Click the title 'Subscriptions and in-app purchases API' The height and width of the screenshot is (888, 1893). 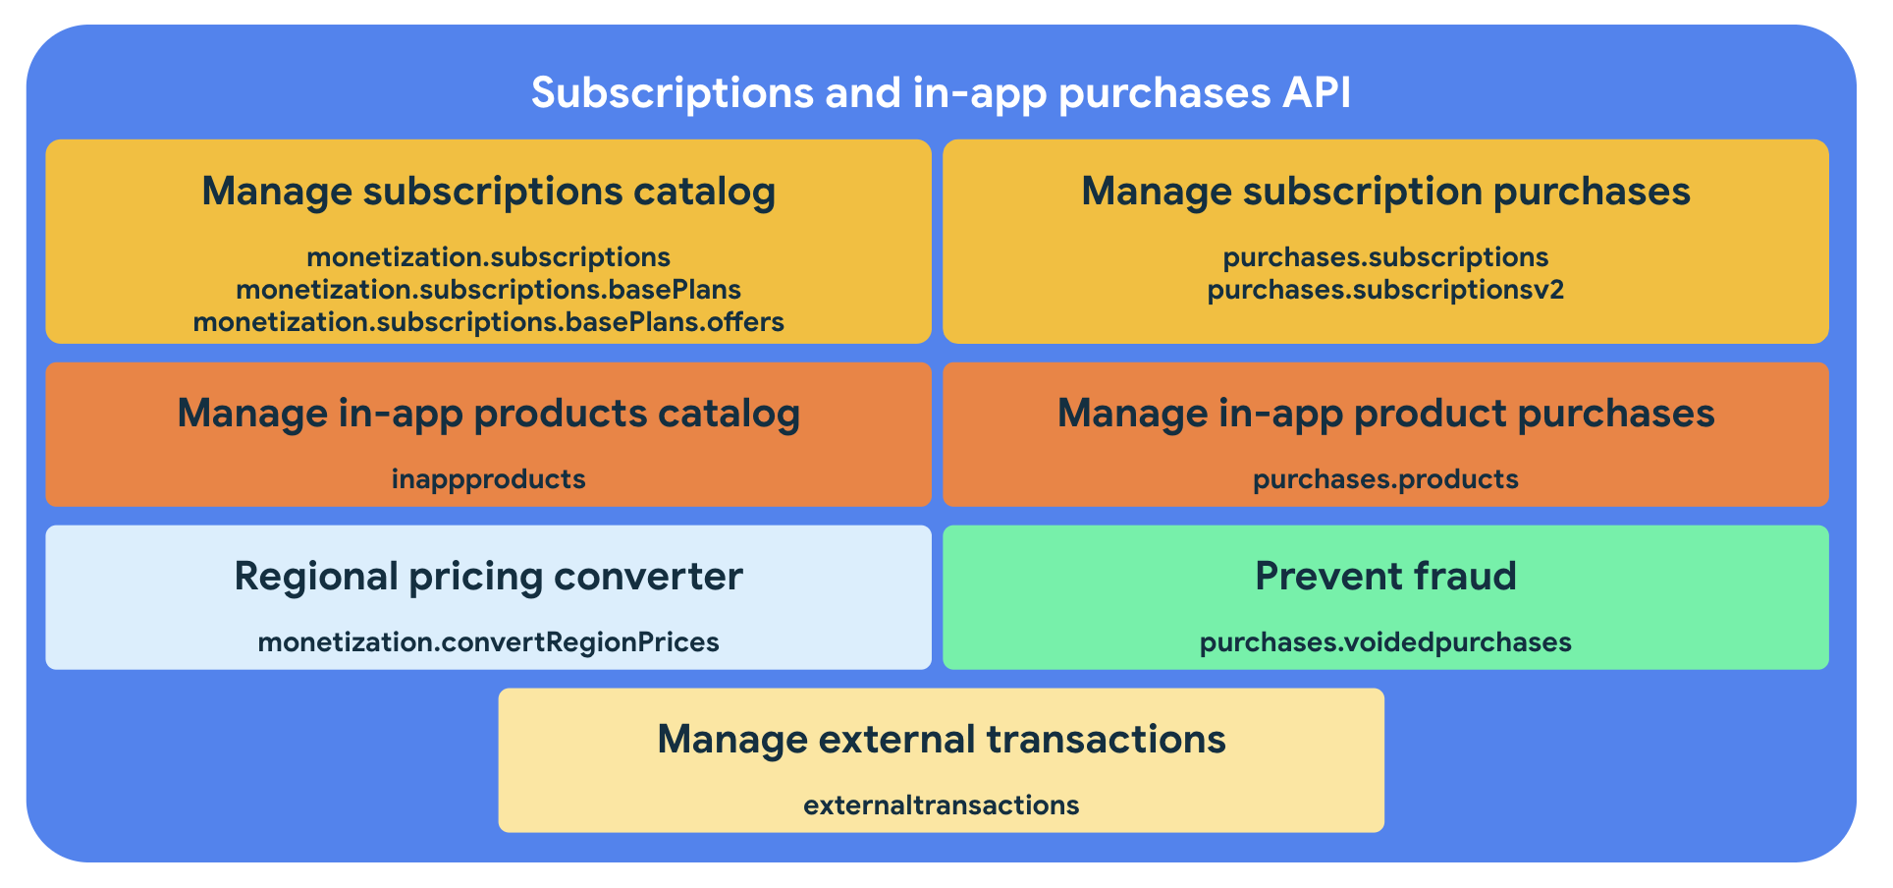click(941, 93)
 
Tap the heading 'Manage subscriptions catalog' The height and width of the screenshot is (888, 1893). click(488, 192)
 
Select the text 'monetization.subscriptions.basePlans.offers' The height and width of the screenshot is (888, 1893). click(488, 322)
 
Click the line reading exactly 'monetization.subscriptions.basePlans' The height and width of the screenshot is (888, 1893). click(488, 290)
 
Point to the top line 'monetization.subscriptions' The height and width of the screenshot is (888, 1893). click(488, 257)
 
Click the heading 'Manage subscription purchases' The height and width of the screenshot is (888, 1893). click(1385, 192)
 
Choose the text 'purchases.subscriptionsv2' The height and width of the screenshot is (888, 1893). click(1385, 290)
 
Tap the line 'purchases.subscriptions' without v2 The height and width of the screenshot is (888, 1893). click(1385, 257)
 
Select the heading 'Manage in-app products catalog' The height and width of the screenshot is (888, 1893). click(488, 414)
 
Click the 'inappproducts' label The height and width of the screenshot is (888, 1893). click(488, 479)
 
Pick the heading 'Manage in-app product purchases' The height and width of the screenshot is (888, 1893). click(1385, 414)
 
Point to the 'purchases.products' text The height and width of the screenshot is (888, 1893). click(1385, 479)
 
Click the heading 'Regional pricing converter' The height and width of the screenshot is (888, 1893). click(488, 577)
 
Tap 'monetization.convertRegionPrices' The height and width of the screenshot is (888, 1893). click(488, 642)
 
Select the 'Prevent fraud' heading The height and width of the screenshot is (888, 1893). click(1385, 577)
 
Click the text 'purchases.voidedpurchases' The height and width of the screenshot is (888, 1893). click(1385, 642)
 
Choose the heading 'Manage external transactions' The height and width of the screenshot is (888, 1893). click(941, 740)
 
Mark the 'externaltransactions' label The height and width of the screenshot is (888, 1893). click(941, 805)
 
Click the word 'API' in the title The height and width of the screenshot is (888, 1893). click(1317, 93)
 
